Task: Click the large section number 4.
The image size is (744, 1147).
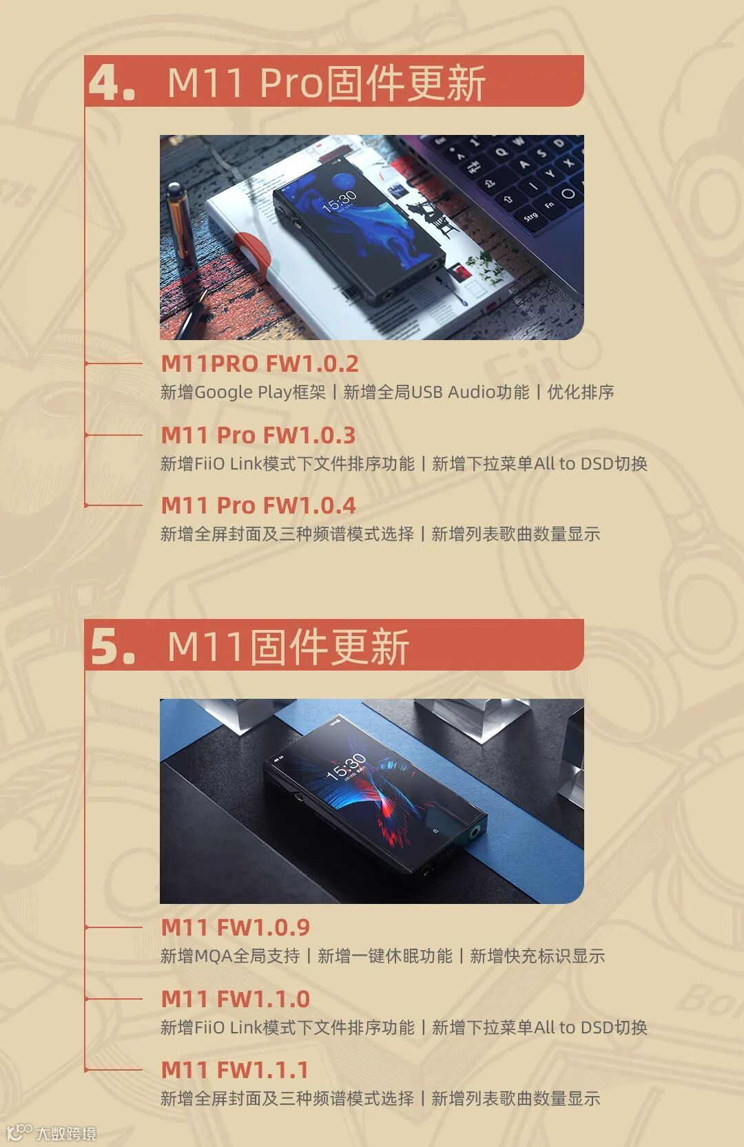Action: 112,83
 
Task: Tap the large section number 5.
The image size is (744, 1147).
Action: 113,646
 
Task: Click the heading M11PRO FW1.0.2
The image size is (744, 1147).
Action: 260,364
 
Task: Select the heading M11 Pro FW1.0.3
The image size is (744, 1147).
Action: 258,435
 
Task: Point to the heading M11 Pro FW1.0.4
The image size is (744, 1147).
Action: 258,505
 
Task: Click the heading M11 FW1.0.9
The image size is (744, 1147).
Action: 236,927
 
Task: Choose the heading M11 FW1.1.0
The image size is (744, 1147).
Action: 236,999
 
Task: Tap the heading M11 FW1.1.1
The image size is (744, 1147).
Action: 235,1070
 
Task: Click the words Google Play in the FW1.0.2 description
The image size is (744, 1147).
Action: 243,392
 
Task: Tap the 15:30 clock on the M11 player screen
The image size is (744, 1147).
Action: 347,766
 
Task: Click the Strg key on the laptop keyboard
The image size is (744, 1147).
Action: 531,216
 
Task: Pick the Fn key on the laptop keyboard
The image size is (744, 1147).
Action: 549,205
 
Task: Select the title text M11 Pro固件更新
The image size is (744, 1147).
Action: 327,83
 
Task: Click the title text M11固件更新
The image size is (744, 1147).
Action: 288,646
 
